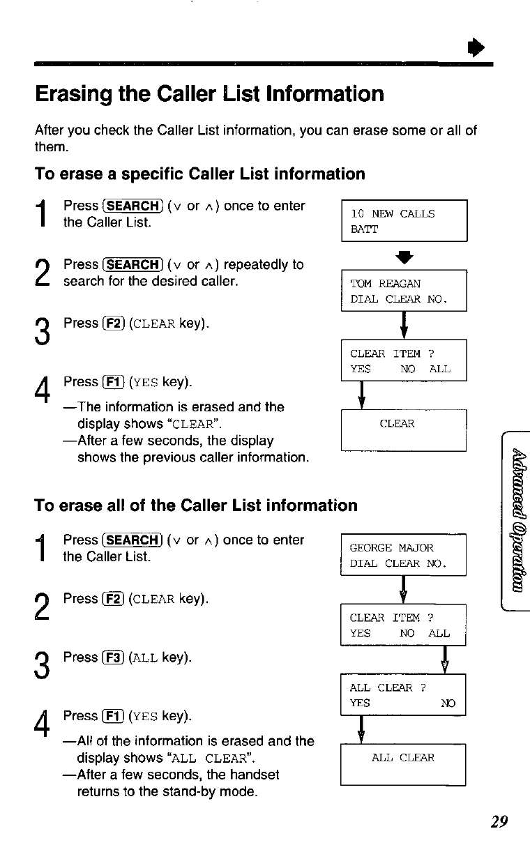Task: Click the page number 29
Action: tap(498, 821)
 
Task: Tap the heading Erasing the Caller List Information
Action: tap(209, 93)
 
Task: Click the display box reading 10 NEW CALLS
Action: tap(404, 221)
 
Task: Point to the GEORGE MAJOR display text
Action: tap(391, 547)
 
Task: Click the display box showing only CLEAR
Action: tap(403, 430)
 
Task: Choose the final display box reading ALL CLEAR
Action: tap(402, 765)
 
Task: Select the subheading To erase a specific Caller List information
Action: tap(200, 174)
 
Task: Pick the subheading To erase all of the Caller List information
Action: tap(196, 505)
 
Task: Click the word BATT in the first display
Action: tap(365, 229)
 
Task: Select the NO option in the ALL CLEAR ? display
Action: tap(447, 703)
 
